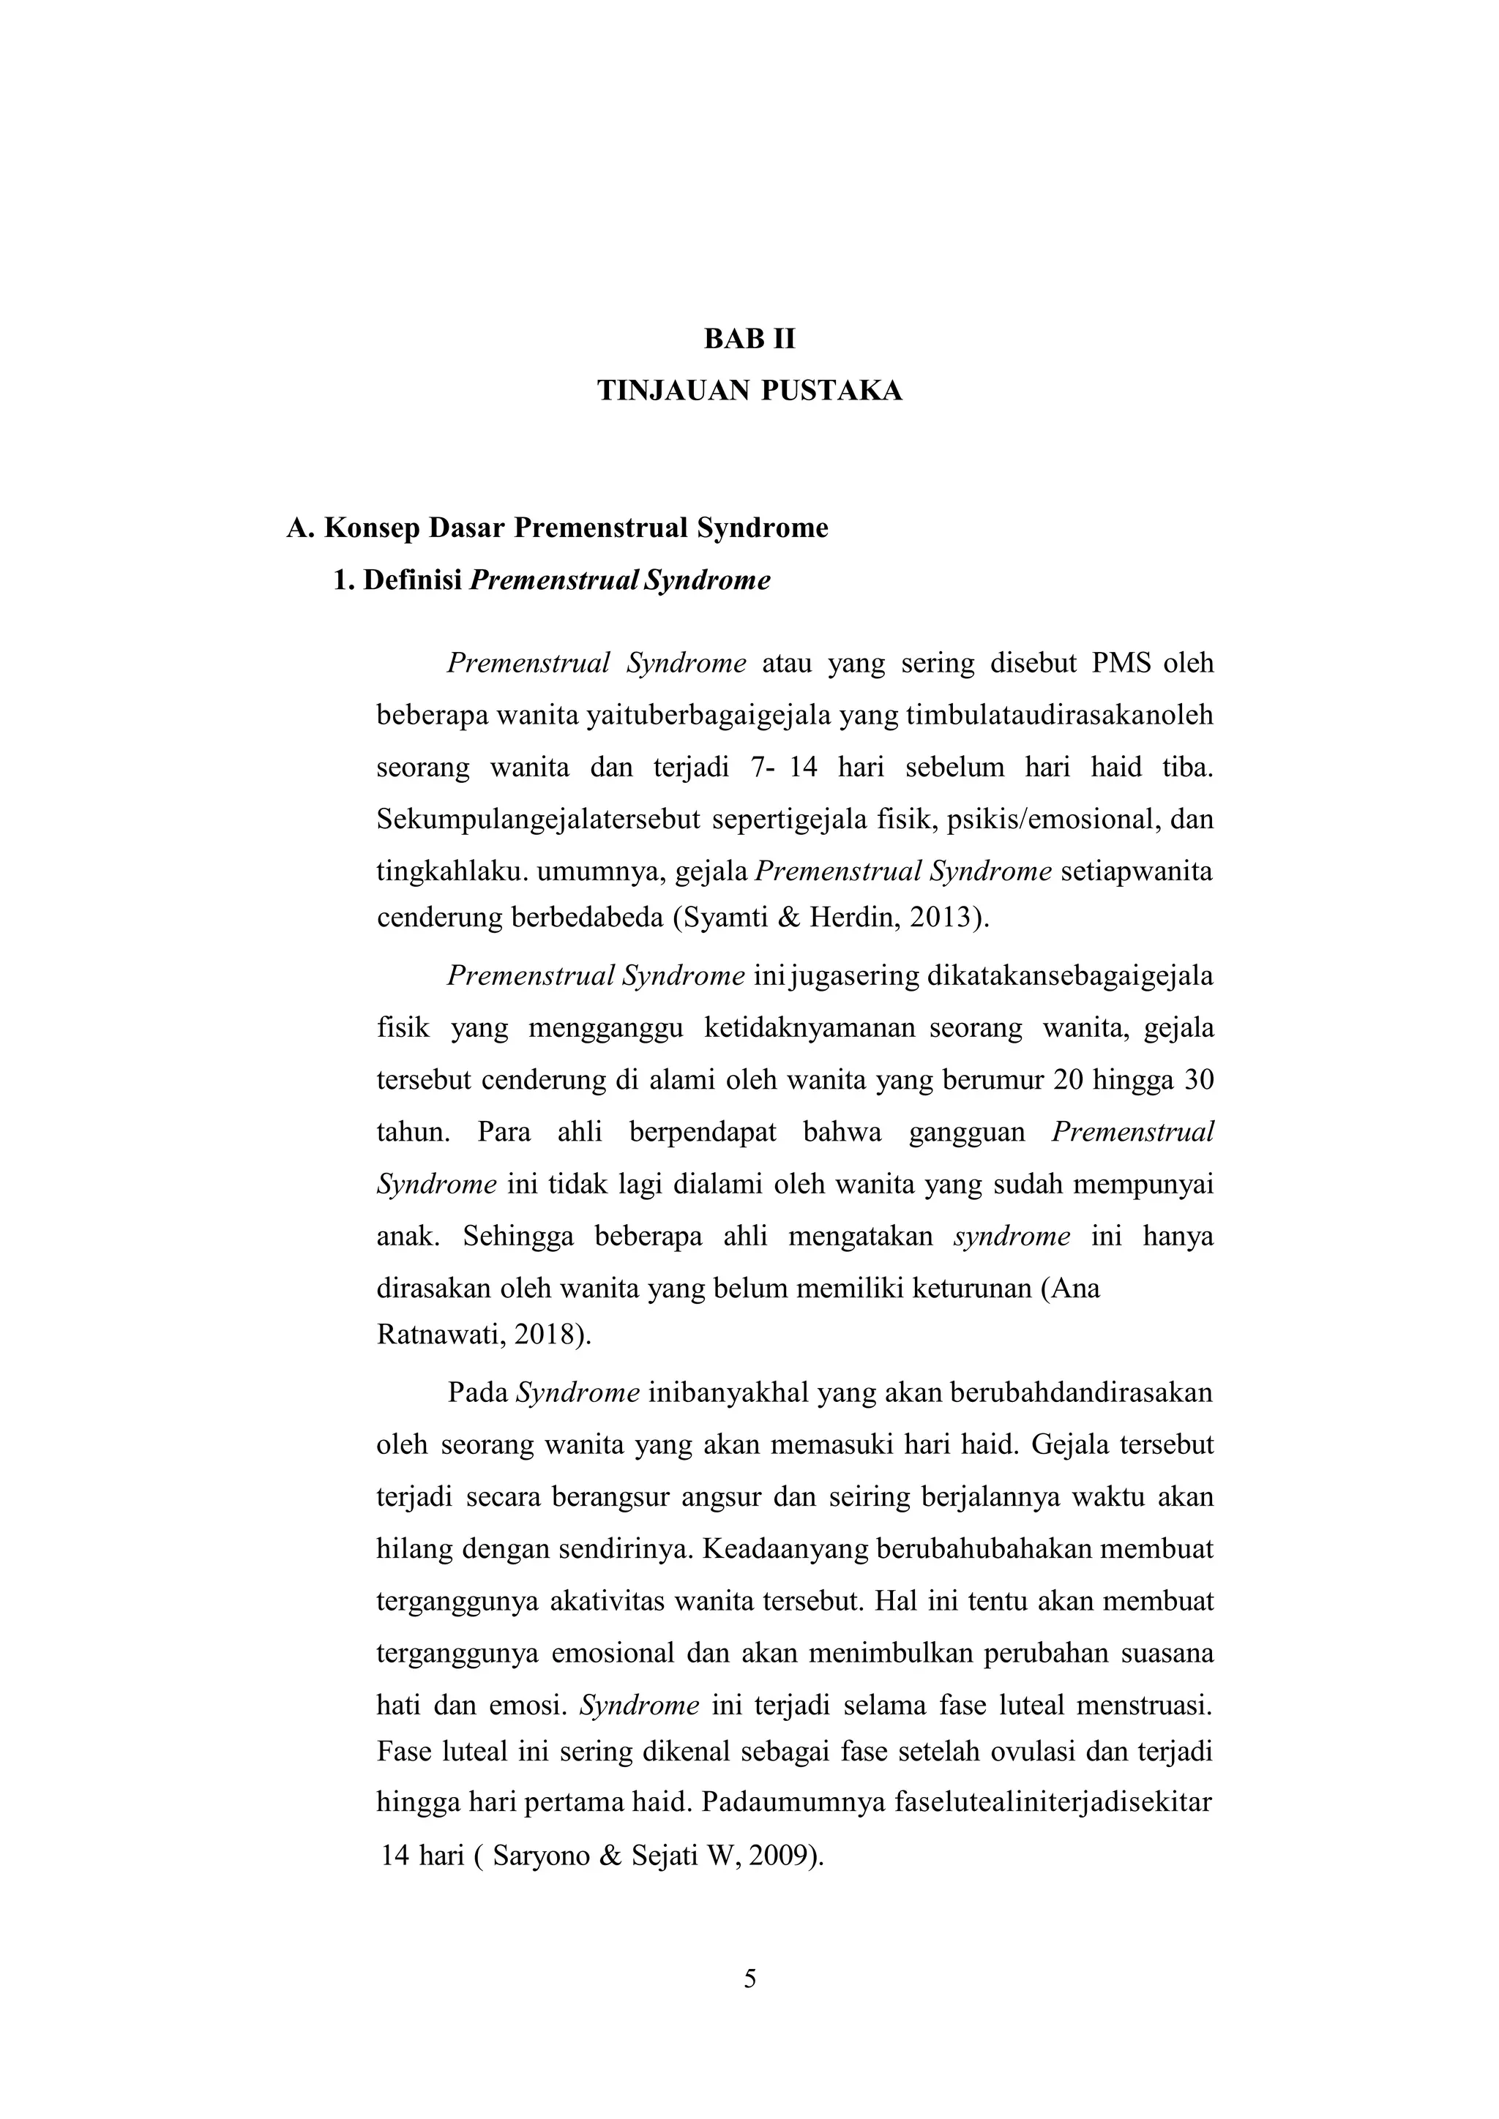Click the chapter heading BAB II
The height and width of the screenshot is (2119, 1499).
pos(749,340)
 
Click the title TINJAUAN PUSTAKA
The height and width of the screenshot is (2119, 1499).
pos(749,391)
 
